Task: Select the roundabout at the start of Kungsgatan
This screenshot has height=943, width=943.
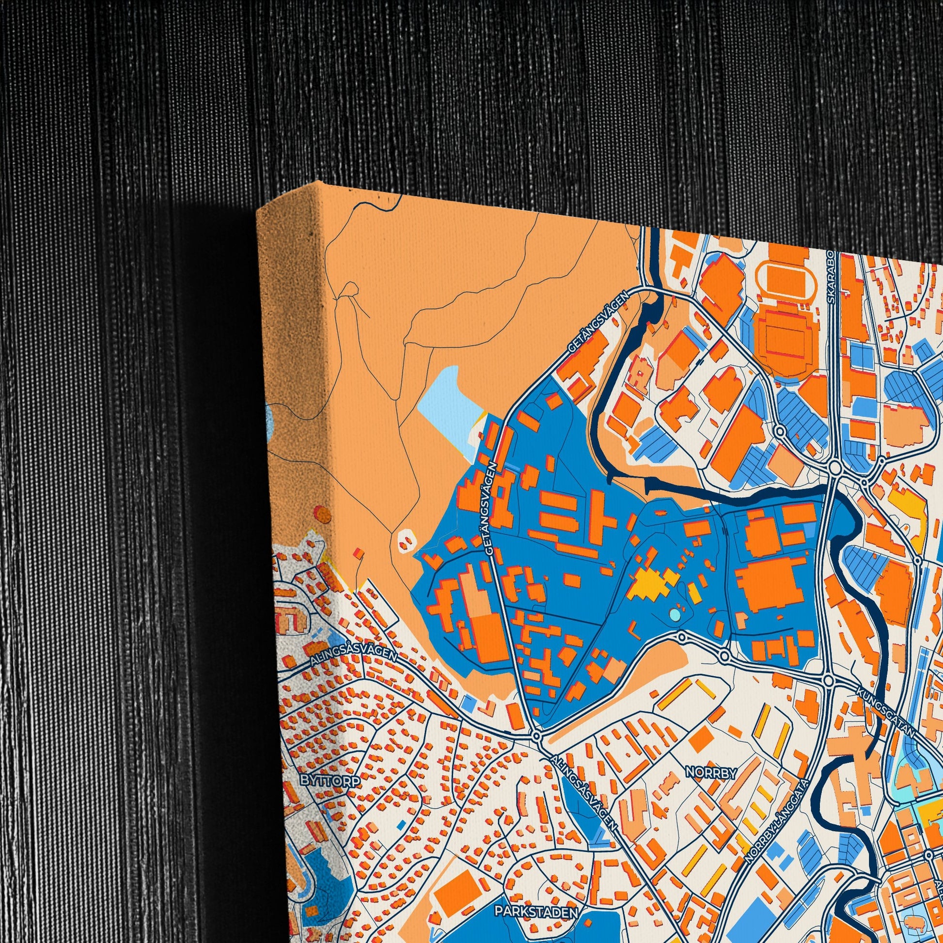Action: (828, 680)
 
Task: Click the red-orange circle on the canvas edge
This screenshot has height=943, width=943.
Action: (321, 514)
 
